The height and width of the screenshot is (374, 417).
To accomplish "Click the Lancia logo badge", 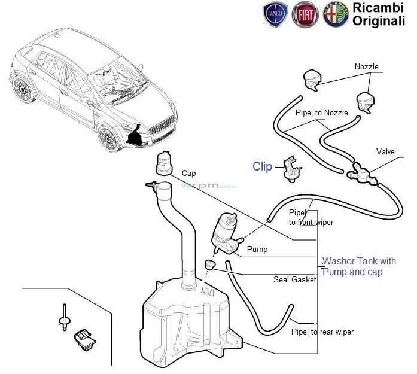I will click(x=276, y=15).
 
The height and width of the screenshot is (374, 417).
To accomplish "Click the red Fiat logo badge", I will click(x=305, y=15).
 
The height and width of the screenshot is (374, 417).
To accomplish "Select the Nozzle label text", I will click(x=366, y=67).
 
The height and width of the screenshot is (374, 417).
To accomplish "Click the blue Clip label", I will click(x=262, y=167).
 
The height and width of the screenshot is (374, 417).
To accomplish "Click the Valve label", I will click(x=386, y=152).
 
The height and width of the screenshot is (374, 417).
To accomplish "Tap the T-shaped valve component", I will click(x=361, y=172).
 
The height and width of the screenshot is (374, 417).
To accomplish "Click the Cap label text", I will click(x=189, y=173).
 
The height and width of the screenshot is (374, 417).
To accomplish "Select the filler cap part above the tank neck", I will click(x=163, y=163).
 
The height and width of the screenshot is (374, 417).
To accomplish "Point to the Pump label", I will click(x=257, y=249).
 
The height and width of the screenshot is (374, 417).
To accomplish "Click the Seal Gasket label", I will click(x=295, y=279).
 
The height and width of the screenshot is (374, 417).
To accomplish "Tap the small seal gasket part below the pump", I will click(x=210, y=264).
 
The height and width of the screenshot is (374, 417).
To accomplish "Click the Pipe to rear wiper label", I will click(x=322, y=332).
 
